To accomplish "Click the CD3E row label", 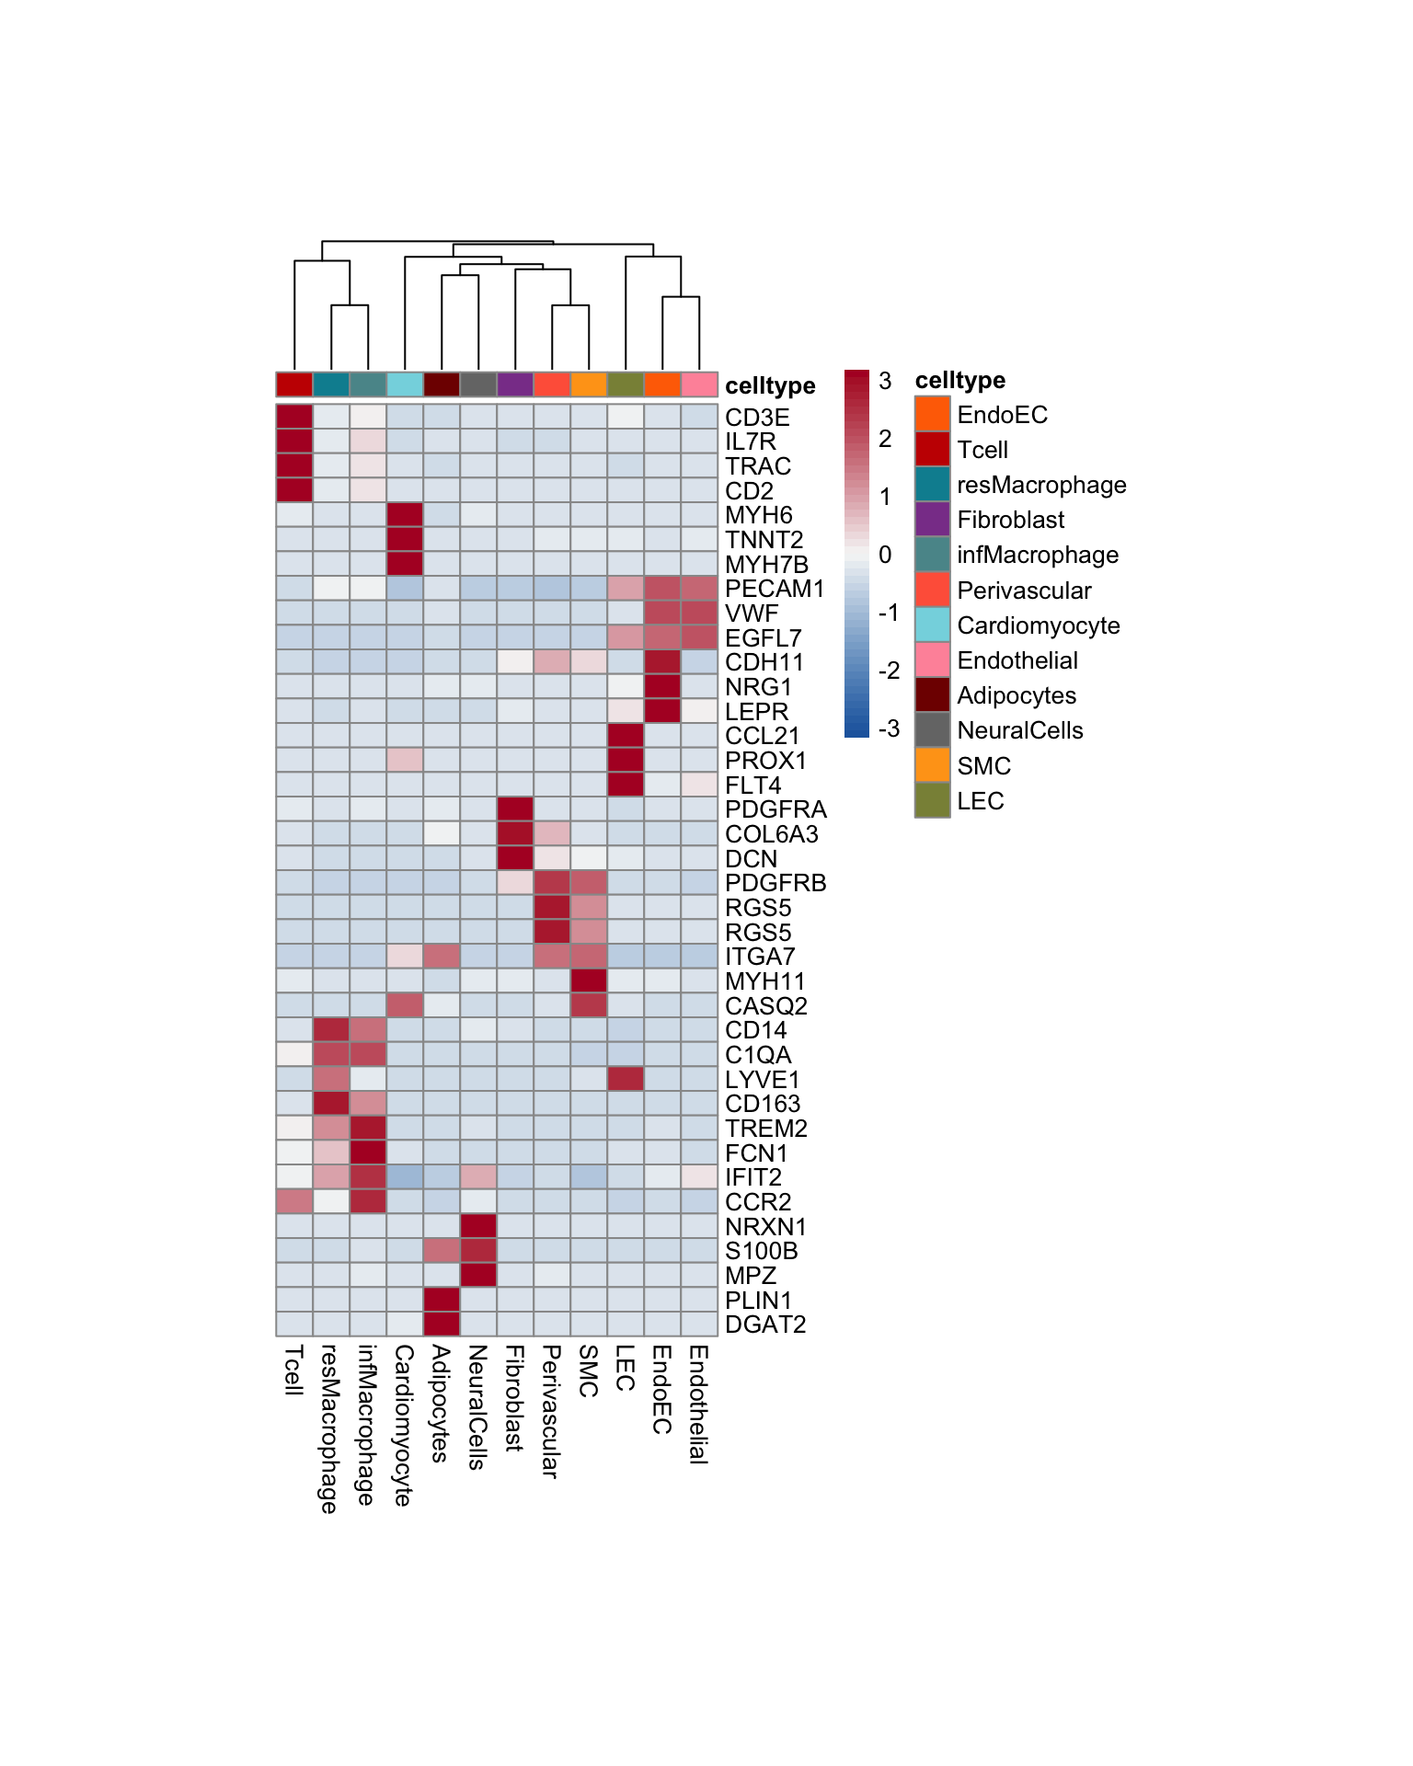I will point(756,418).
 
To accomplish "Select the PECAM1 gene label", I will point(775,589).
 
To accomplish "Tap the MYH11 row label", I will point(764,981).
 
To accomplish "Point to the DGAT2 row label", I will point(765,1324).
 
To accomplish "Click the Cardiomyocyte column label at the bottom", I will point(404,1425).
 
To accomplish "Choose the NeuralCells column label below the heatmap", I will point(477,1406).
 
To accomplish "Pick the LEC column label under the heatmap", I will point(626,1368).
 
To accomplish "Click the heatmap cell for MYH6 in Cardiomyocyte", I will point(405,514).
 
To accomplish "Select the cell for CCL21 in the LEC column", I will point(626,735).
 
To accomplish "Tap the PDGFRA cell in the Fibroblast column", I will point(515,808).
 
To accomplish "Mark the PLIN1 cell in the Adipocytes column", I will point(442,1299).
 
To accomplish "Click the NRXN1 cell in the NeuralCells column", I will point(478,1225).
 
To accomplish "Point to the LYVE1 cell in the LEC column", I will point(626,1078).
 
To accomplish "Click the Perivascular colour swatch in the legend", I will point(932,590).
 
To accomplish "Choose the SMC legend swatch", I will point(932,765).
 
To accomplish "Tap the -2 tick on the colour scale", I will point(889,671).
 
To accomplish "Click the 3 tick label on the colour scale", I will point(885,381).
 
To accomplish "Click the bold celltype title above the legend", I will point(959,380).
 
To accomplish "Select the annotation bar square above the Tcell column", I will point(294,384).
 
